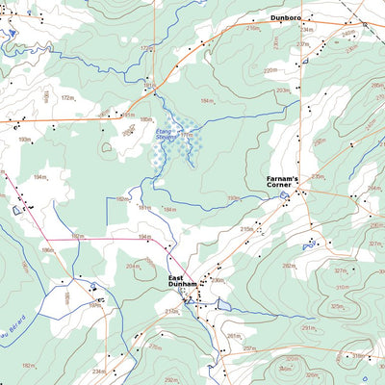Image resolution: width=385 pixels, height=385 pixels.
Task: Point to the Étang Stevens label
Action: click(167, 138)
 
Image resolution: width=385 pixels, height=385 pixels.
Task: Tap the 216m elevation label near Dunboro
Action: click(252, 29)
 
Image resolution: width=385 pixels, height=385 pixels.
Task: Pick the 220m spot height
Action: click(269, 70)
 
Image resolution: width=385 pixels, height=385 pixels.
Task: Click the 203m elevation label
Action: click(282, 90)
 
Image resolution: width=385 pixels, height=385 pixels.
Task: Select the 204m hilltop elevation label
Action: click(132, 267)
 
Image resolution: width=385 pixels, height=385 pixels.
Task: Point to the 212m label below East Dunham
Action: click(171, 311)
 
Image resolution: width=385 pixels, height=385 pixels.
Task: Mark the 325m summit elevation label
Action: click(337, 306)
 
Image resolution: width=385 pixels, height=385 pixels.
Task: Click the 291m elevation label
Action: click(307, 328)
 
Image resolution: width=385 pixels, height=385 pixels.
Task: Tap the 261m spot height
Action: click(233, 336)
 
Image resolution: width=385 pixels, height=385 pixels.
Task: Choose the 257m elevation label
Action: click(248, 348)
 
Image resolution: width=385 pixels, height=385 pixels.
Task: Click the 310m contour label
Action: click(342, 287)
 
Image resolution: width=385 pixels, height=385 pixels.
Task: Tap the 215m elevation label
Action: click(245, 229)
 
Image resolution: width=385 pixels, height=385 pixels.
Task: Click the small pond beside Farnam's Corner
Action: click(283, 197)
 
